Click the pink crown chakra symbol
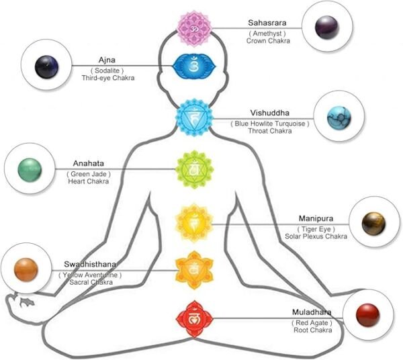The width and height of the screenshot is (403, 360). point(193,28)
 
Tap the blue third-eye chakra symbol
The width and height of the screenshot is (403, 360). point(193,66)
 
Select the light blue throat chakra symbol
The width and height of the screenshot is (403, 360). point(193,117)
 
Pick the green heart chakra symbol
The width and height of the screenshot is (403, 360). point(193,169)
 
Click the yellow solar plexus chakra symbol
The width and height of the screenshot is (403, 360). point(193,220)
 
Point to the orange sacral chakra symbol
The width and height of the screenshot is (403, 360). point(193,268)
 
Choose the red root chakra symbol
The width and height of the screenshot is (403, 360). point(193,318)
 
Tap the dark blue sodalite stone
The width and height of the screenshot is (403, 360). point(46,66)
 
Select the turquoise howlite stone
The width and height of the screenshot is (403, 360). point(336,117)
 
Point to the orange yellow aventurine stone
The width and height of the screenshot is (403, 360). point(25,269)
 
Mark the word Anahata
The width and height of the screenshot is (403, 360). point(89,163)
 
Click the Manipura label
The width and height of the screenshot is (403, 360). point(316,218)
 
